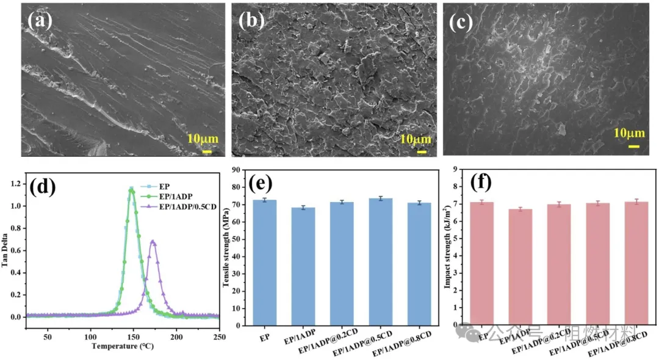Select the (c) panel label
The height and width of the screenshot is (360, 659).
[462, 23]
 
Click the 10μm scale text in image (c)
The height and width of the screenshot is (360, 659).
[628, 134]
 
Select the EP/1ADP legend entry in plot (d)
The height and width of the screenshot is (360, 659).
[175, 196]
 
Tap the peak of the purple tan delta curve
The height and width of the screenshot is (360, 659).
[153, 242]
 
